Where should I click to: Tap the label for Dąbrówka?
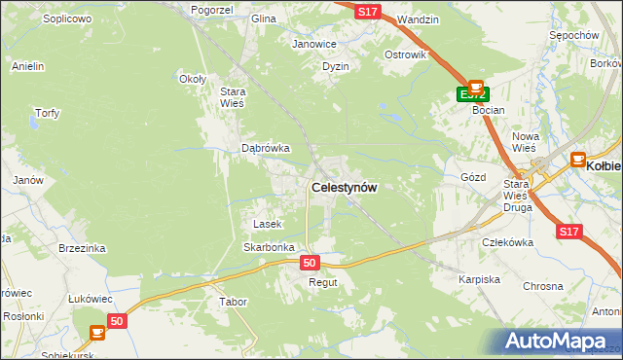266,149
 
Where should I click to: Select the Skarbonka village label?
269,247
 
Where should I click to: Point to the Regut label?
322,282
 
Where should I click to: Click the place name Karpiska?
479,279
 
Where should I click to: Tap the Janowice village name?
314,44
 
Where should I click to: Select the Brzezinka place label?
81,248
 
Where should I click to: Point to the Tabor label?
234,302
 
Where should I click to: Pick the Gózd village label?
472,178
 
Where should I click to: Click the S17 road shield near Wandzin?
367,11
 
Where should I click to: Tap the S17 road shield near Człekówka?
570,232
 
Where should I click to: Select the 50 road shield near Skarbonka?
310,263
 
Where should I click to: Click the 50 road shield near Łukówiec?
117,320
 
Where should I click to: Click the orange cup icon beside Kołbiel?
577,159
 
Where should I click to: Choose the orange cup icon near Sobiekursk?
96,333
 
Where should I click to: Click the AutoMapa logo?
559,341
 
